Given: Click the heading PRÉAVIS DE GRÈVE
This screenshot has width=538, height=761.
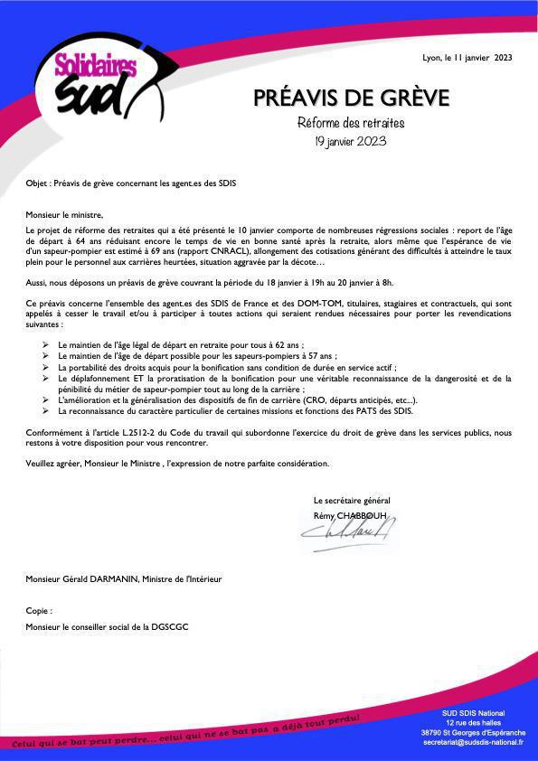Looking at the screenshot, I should coord(351,98).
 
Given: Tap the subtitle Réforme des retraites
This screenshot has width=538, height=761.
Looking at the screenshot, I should coord(351,123).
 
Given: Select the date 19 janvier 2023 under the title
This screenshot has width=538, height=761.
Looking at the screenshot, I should coord(351,141).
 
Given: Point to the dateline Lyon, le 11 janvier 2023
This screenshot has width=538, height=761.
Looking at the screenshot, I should coord(467,57).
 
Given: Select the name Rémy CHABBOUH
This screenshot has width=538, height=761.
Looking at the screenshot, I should coord(350,515).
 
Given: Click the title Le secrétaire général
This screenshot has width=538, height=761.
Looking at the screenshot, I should coord(352,501).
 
